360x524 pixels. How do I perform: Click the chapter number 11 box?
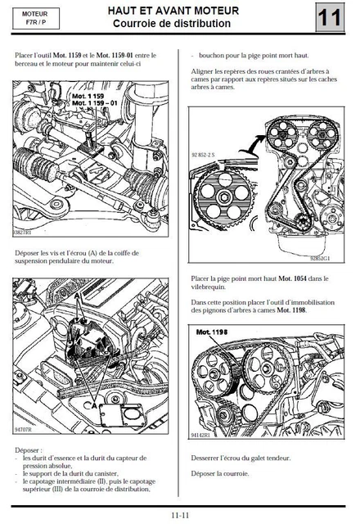coord(331,18)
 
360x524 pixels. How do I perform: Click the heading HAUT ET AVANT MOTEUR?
coord(173,11)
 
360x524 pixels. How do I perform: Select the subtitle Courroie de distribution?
coord(173,25)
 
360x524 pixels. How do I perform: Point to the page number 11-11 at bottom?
coord(181,514)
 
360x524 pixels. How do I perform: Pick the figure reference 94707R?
coord(25,427)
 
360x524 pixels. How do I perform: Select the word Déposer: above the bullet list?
coord(31,450)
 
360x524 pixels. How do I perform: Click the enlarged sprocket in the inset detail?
coord(222,196)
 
